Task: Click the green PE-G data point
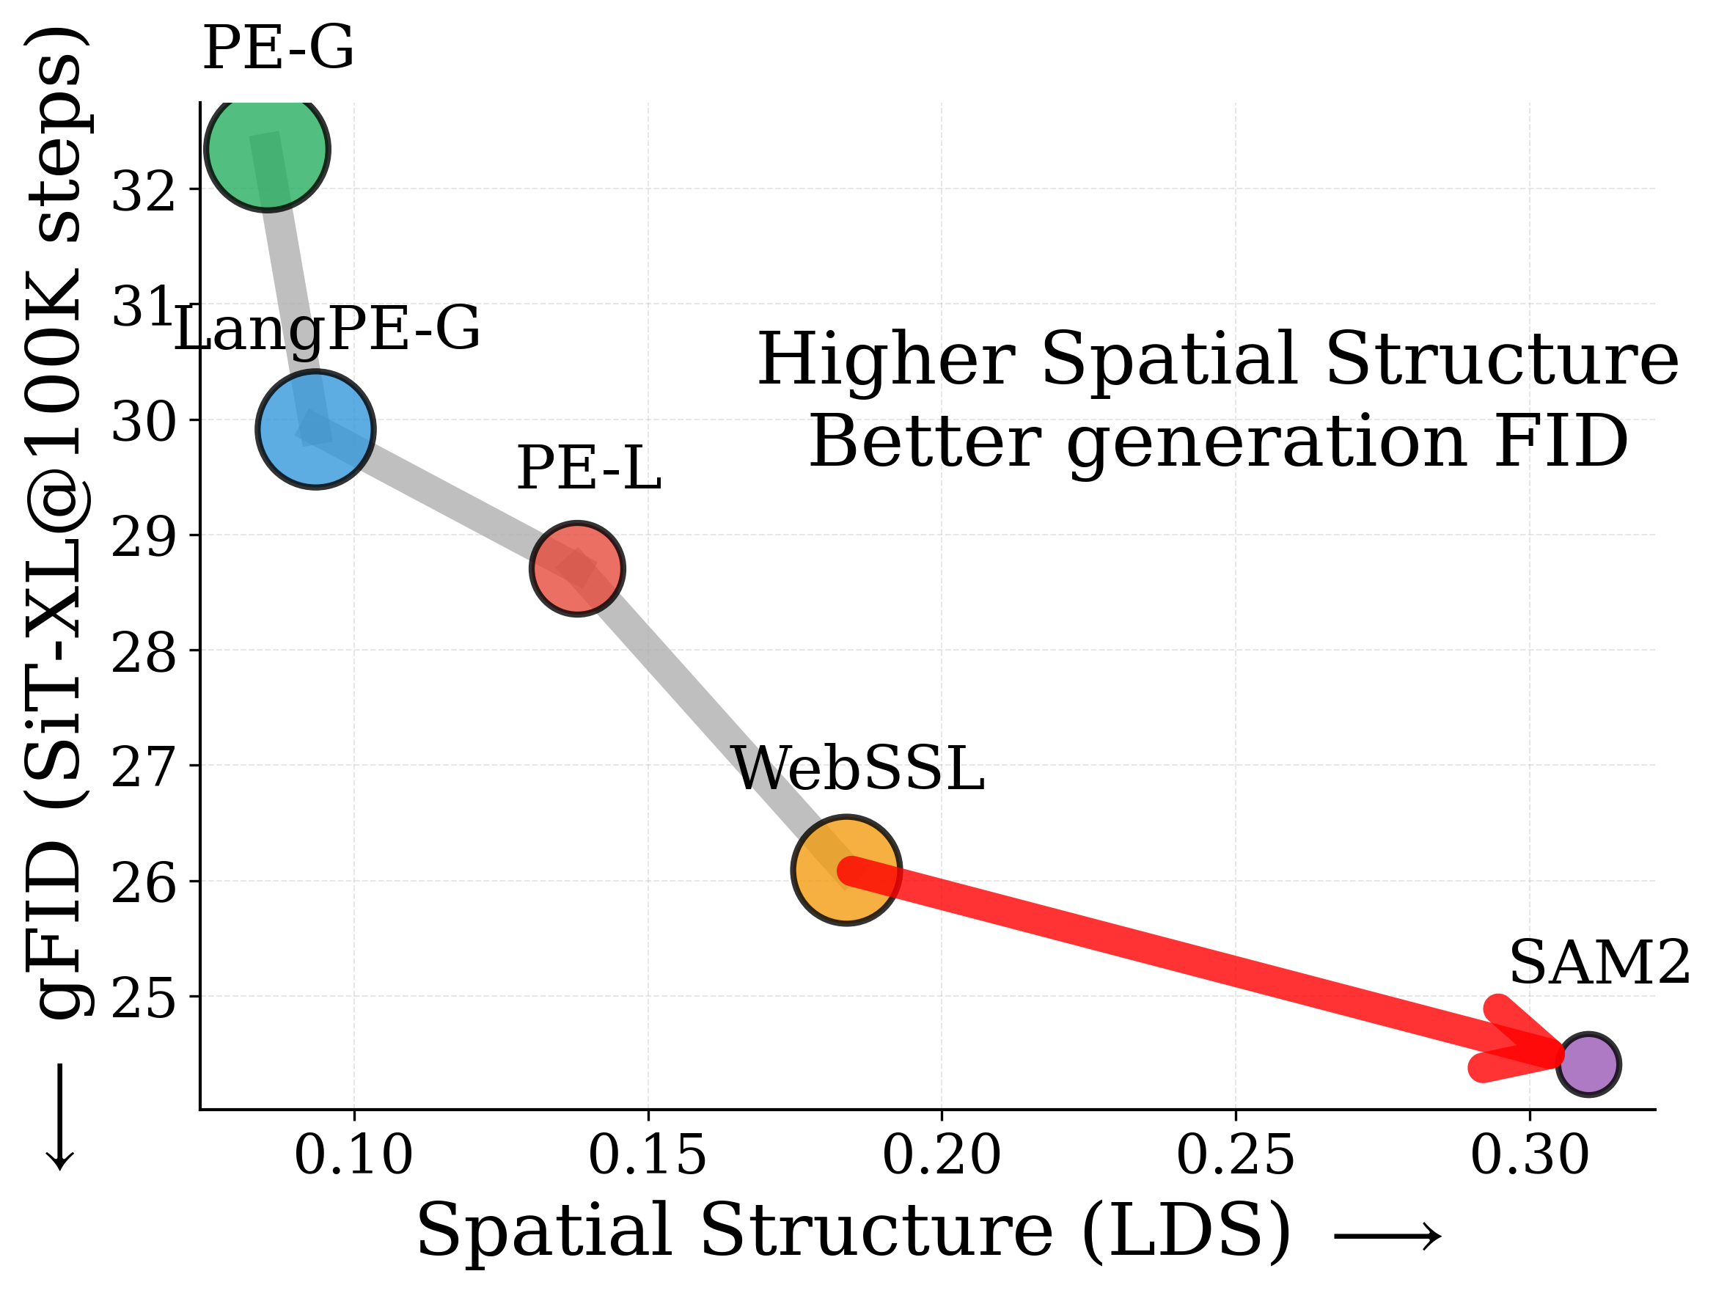(268, 149)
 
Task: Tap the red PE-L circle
(577, 568)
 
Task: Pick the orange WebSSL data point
(846, 871)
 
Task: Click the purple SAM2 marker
(1588, 1064)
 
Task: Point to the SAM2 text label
(1598, 964)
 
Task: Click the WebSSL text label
(858, 769)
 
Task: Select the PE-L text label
(588, 469)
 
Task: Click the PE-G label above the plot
(278, 49)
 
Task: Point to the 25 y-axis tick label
(144, 1000)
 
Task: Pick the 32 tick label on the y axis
(144, 191)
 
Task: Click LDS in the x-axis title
(1187, 1231)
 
